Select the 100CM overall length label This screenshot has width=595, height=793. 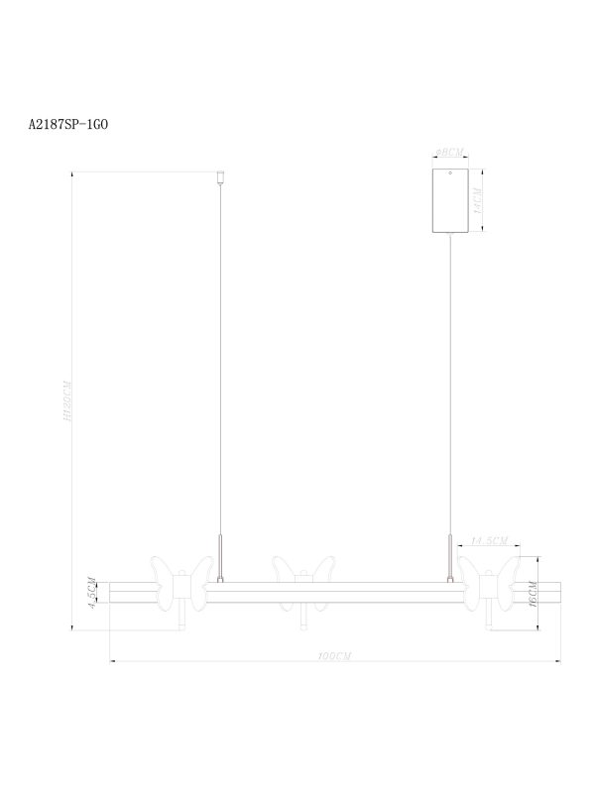click(334, 656)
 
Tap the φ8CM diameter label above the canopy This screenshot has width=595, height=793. click(451, 152)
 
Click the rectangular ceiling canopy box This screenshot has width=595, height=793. click(451, 201)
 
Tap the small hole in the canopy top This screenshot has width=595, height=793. click(451, 175)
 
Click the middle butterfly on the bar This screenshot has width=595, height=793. click(300, 585)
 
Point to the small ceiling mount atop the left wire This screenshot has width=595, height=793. click(220, 179)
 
